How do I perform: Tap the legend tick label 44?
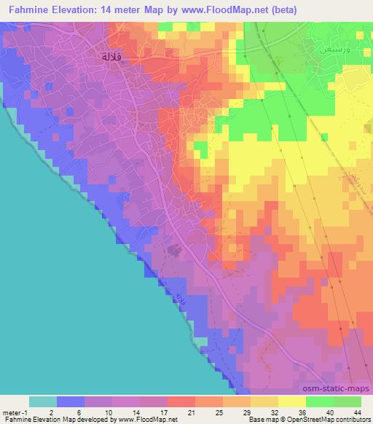pyautogui.click(x=358, y=412)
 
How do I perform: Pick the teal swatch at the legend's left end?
pyautogui.click(x=43, y=401)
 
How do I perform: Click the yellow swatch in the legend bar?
pyautogui.click(x=291, y=401)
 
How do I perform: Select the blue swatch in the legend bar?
pyautogui.click(x=71, y=401)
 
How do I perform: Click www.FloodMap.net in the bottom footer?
pyautogui.click(x=143, y=420)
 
